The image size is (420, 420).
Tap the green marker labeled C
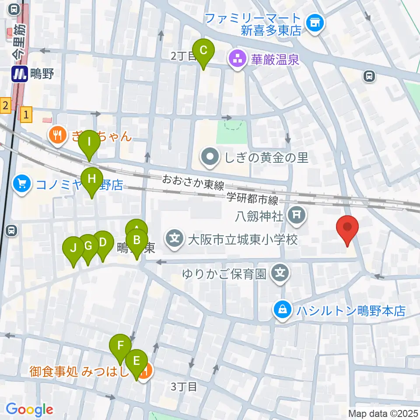pyautogui.click(x=203, y=50)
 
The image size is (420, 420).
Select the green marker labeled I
pyautogui.click(x=89, y=142)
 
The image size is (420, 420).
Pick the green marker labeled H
pyautogui.click(x=91, y=179)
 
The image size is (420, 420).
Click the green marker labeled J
pyautogui.click(x=73, y=248)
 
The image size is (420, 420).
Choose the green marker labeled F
pyautogui.click(x=120, y=345)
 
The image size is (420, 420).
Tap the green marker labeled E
pyautogui.click(x=136, y=361)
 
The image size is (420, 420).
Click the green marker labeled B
pyautogui.click(x=137, y=240)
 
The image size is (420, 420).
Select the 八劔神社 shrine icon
pyautogui.click(x=297, y=214)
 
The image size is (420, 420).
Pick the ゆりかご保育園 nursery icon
pyautogui.click(x=280, y=274)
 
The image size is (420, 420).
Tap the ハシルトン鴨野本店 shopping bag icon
pyautogui.click(x=283, y=311)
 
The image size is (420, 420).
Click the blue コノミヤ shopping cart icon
pyautogui.click(x=21, y=183)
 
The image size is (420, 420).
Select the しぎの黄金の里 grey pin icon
pyautogui.click(x=210, y=157)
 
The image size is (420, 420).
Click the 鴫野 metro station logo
pyautogui.click(x=20, y=73)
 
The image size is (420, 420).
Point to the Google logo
pyautogui.click(x=29, y=410)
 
